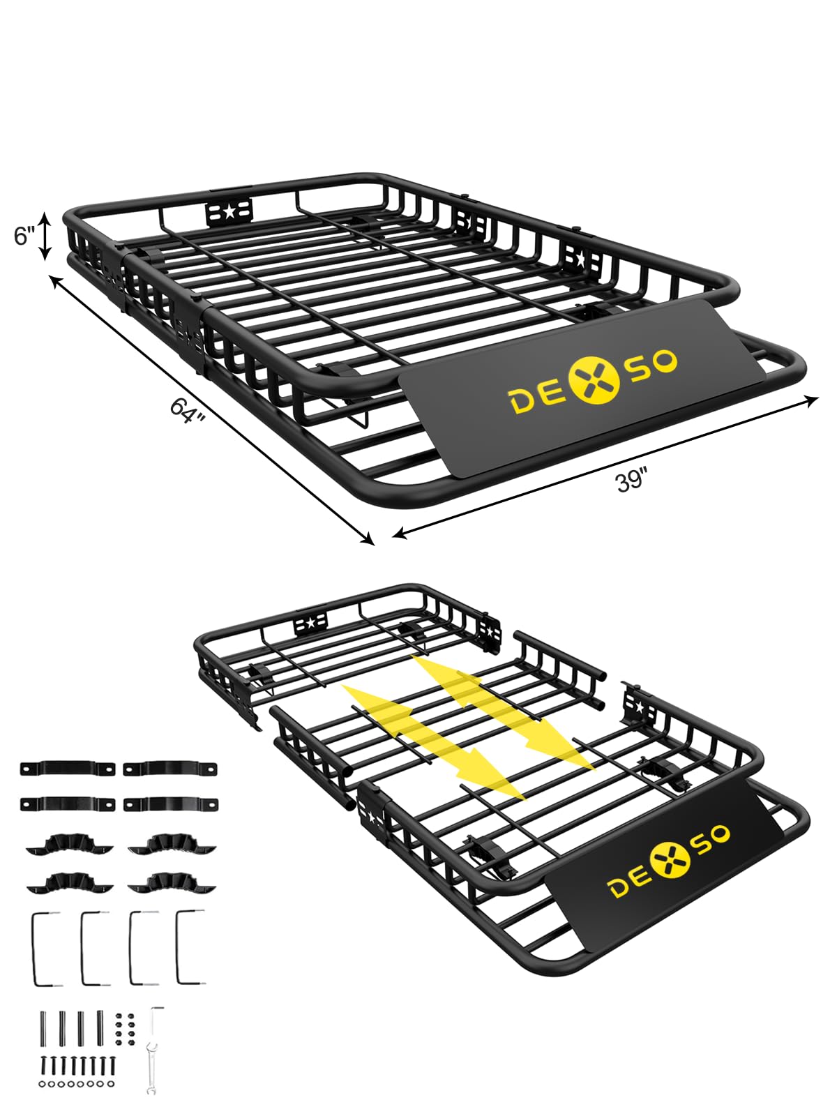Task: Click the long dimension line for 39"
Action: pyautogui.click(x=605, y=467)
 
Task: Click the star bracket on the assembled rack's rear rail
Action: pyautogui.click(x=229, y=212)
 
